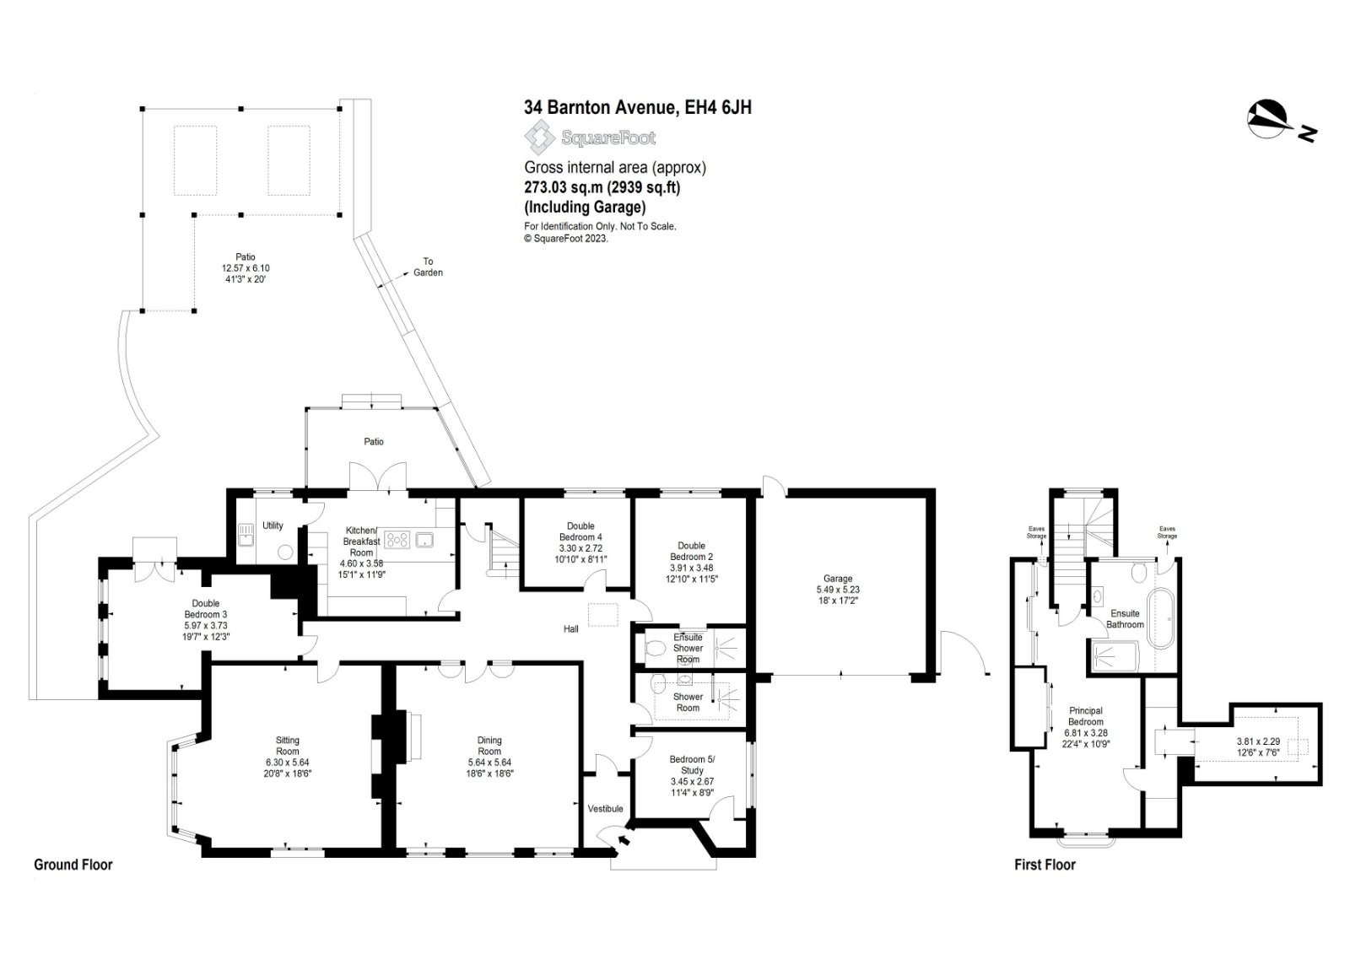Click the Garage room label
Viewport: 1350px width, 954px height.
pyautogui.click(x=838, y=579)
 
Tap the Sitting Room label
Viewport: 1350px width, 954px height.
pyautogui.click(x=288, y=746)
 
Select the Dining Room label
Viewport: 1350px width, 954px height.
pyautogui.click(x=489, y=746)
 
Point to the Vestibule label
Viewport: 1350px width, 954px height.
pyautogui.click(x=605, y=809)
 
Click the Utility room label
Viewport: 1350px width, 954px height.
pyautogui.click(x=273, y=526)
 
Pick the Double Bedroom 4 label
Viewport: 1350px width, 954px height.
pyautogui.click(x=580, y=531)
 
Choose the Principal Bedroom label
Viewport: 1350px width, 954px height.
pyautogui.click(x=1086, y=716)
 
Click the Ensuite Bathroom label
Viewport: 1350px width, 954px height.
pyautogui.click(x=1125, y=619)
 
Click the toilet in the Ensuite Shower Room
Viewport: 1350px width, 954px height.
pyautogui.click(x=654, y=649)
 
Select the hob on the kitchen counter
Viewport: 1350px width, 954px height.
pyautogui.click(x=397, y=539)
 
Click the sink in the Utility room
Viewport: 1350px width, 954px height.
pyautogui.click(x=246, y=534)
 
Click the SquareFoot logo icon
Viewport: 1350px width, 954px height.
pyautogui.click(x=539, y=137)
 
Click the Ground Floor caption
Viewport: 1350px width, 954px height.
pyautogui.click(x=73, y=865)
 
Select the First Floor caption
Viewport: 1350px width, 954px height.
pyautogui.click(x=1045, y=865)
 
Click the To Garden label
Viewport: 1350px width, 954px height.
pyautogui.click(x=428, y=267)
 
